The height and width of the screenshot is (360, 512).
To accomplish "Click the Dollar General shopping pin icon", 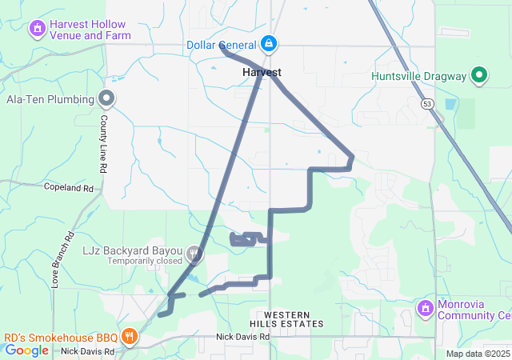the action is click(x=270, y=44).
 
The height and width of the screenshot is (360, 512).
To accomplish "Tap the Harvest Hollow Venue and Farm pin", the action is click(x=36, y=30).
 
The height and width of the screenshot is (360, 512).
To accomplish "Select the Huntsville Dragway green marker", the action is click(x=479, y=76).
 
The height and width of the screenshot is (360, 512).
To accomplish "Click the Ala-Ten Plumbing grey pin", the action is click(x=106, y=98).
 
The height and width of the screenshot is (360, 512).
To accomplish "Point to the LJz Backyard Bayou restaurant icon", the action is click(x=193, y=254).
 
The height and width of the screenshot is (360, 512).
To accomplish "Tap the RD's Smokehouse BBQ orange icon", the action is click(x=128, y=336).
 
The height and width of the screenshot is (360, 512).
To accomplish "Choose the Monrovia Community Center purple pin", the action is click(x=425, y=307).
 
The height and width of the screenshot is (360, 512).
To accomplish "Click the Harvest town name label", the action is click(x=262, y=72).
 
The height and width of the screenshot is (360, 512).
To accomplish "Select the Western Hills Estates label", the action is click(x=286, y=318).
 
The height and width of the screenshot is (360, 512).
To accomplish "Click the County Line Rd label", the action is click(x=103, y=145).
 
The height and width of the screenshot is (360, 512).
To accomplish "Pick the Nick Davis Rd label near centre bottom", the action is click(x=242, y=337).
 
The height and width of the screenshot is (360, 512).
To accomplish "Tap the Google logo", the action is click(x=26, y=350).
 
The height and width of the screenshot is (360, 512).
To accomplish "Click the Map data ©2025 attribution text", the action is click(x=478, y=354).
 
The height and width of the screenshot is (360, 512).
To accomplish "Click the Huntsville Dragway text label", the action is click(x=419, y=77).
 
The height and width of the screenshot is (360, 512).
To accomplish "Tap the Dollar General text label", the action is click(x=221, y=45).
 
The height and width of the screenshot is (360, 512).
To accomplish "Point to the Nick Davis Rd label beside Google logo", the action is click(x=88, y=351).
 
